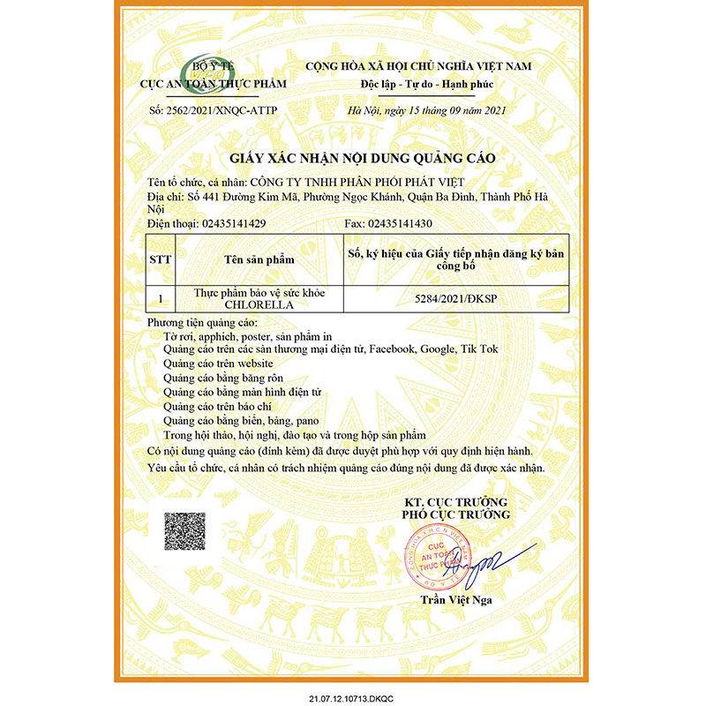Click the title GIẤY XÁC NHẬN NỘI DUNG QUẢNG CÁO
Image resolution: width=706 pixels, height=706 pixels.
[x=363, y=158]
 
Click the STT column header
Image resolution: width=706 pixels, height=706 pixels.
[x=161, y=261]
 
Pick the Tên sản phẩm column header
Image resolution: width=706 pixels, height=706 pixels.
[x=259, y=261]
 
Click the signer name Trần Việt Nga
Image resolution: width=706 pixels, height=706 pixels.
[x=455, y=604]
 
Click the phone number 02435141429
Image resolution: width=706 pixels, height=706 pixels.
[x=228, y=224]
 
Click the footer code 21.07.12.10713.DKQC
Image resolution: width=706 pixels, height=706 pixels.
[x=353, y=697]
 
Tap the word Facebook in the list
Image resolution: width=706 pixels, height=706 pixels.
[x=394, y=349]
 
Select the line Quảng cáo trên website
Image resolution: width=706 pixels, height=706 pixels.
[x=219, y=364]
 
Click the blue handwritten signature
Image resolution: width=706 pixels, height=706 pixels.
[x=494, y=565]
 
